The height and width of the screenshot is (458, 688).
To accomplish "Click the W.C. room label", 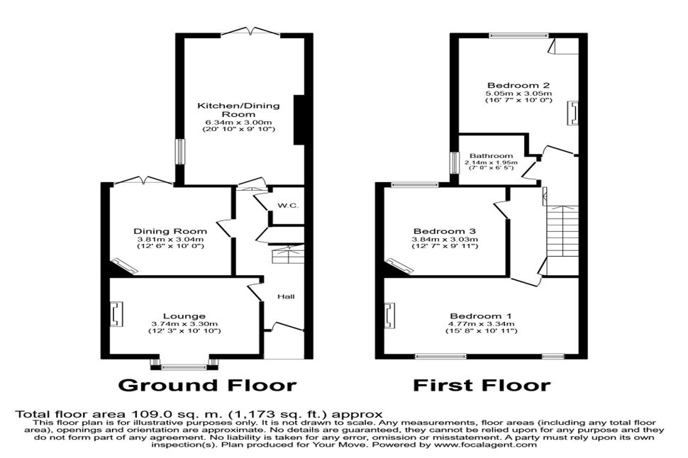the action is click(288, 206).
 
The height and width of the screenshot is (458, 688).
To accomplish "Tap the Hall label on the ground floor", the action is click(286, 296).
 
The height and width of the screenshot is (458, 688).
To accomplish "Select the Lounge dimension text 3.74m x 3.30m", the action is click(184, 324).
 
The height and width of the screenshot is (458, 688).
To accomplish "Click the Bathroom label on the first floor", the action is click(491, 156).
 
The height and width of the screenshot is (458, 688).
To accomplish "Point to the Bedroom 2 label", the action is click(518, 85).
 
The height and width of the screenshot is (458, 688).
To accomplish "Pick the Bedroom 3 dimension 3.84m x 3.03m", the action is click(445, 240).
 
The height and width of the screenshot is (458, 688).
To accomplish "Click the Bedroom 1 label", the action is click(481, 316).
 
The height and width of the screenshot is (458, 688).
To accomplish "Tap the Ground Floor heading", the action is click(208, 385).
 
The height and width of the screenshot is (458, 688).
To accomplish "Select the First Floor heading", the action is click(482, 385).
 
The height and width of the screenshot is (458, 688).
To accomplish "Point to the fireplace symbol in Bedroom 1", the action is click(389, 315).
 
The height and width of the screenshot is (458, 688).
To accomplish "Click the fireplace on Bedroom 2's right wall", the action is click(573, 113).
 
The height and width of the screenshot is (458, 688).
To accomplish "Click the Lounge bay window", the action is click(184, 364).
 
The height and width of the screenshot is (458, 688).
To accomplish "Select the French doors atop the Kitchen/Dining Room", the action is click(251, 31).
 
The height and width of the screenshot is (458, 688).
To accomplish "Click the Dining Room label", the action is click(170, 231).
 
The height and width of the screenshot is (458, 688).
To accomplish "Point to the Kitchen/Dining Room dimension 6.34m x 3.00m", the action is click(238, 121).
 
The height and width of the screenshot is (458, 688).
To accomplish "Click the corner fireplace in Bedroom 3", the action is click(399, 267).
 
